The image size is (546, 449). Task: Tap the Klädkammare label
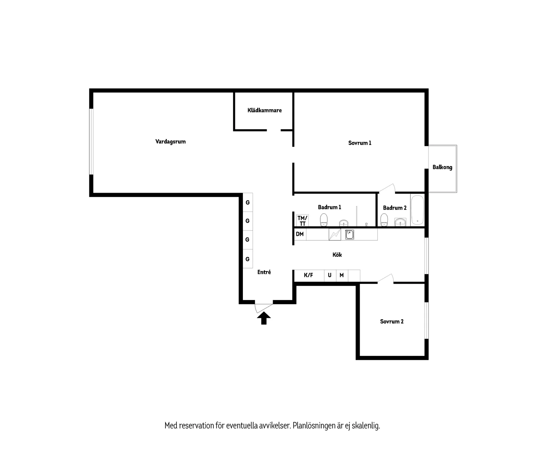264,110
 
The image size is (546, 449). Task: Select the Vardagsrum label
170,142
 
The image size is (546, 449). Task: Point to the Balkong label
442,167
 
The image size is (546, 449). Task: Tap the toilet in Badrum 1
324,220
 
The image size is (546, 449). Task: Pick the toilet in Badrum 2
384,220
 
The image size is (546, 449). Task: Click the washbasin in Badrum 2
400,222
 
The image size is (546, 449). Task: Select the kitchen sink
349,234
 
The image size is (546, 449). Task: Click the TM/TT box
302,220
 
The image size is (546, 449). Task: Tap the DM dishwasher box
300,234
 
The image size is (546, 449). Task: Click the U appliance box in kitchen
330,275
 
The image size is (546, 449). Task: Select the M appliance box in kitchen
342,275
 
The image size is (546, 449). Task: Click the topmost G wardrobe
248,202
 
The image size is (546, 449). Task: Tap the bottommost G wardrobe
248,259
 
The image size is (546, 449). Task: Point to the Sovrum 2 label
392,322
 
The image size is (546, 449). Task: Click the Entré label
264,272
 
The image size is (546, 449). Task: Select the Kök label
337,255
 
